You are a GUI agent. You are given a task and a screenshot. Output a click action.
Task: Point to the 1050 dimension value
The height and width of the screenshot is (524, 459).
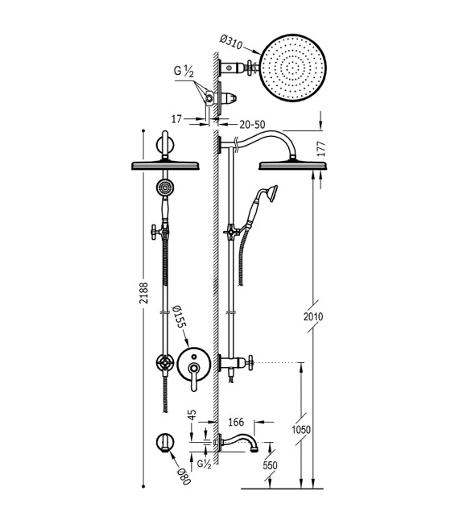click(300, 431)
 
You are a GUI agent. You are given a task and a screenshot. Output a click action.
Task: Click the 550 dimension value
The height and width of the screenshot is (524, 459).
click(270, 466)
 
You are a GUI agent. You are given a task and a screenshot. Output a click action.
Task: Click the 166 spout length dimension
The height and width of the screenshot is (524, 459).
click(236, 421)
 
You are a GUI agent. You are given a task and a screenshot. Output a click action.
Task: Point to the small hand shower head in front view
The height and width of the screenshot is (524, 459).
click(163, 189)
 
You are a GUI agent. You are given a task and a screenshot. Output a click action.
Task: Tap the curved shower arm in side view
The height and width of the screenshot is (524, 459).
click(266, 138)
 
